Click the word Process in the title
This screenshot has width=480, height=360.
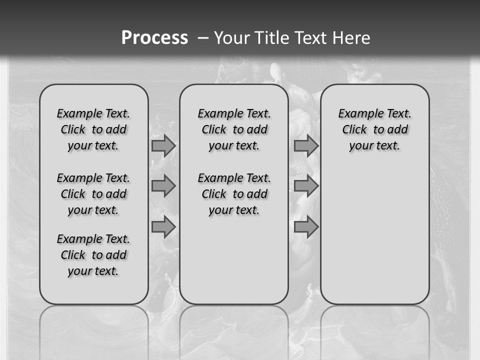154,38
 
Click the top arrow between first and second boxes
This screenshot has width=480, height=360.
163,145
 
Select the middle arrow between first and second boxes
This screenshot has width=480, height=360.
163,186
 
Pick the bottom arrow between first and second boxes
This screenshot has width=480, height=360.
163,227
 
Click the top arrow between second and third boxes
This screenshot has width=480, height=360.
306,145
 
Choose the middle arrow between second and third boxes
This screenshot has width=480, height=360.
306,186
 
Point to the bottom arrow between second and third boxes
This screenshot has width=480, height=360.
306,227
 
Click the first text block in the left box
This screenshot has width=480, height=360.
93,129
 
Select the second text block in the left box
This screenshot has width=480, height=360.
93,194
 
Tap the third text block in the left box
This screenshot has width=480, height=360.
93,255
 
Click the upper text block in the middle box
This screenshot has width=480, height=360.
234,129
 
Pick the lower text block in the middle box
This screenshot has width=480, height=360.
234,194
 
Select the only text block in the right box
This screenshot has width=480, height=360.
375,129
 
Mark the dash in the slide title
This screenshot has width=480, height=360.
202,38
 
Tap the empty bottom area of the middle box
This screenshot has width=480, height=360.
234,265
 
